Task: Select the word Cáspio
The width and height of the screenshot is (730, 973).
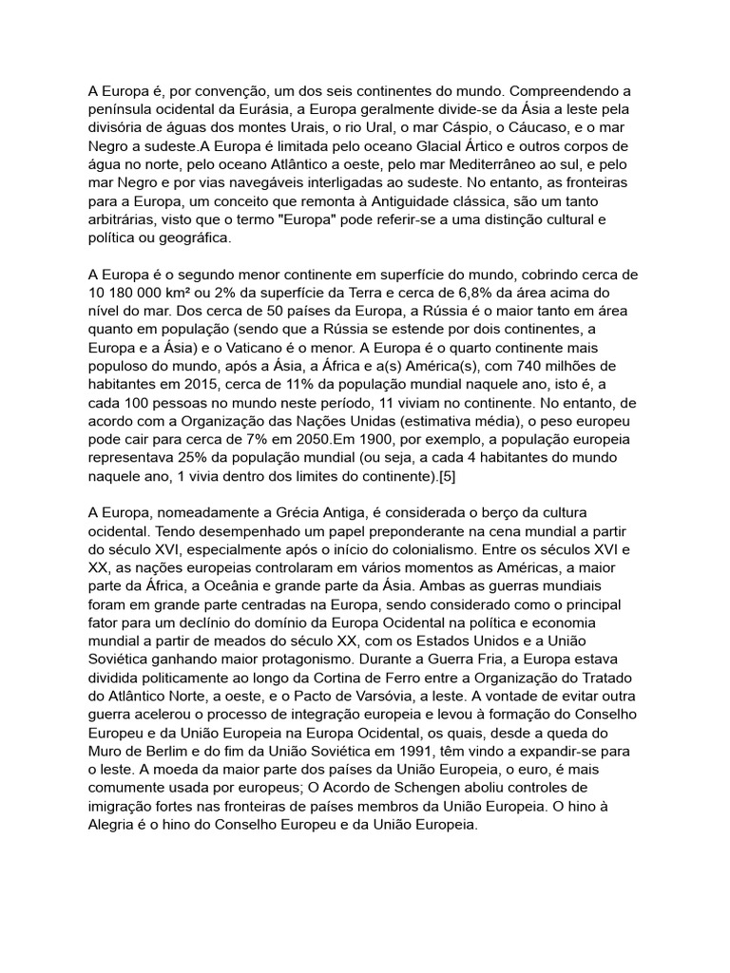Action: click(470, 128)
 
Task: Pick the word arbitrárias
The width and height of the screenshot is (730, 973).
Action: click(125, 219)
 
